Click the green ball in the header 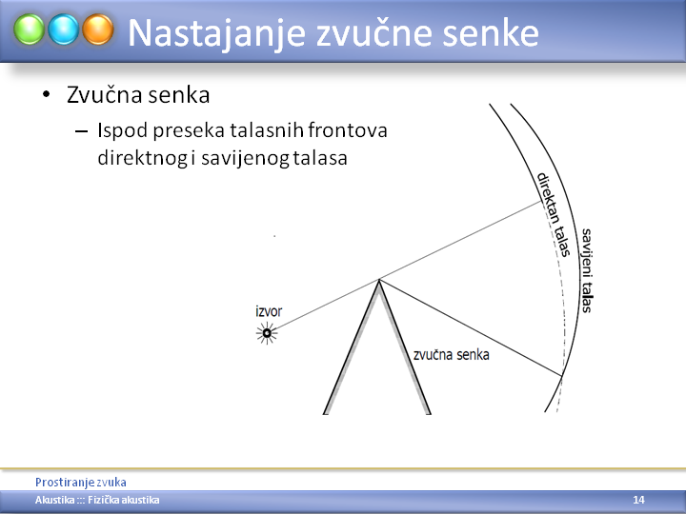29,30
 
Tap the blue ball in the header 64,30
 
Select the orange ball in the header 98,30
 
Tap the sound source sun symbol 267,333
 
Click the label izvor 269,311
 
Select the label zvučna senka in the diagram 451,354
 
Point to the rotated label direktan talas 554,214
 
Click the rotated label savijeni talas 587,270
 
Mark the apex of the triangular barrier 379,280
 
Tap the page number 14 638,500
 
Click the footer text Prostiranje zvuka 81,483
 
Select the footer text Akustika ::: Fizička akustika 97,500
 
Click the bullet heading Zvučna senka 138,95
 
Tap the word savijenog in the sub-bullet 245,158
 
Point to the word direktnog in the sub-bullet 143,158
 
